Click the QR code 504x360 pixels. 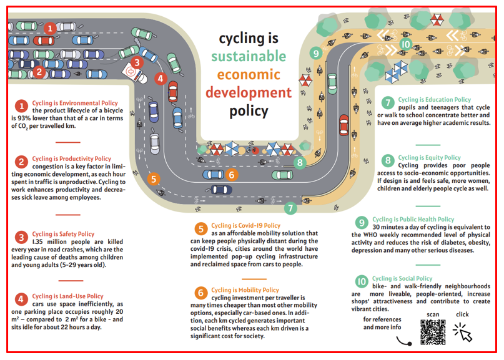coord(433,332)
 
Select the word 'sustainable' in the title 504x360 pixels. coord(248,57)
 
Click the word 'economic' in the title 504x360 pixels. coord(248,74)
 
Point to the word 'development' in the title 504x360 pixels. coord(248,93)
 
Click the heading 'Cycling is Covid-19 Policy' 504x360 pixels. coord(245,226)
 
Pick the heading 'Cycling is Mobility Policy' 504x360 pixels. coord(245,290)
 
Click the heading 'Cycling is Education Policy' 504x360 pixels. coord(435,100)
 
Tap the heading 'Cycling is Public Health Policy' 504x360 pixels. coord(413,220)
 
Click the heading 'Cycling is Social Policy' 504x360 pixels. coord(402,279)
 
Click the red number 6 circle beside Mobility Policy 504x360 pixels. coord(200,293)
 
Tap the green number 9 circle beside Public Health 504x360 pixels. coord(361,222)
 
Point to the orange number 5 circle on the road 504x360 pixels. coord(154,179)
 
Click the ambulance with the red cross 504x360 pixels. coord(136,69)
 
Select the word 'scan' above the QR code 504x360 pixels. coord(433,314)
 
